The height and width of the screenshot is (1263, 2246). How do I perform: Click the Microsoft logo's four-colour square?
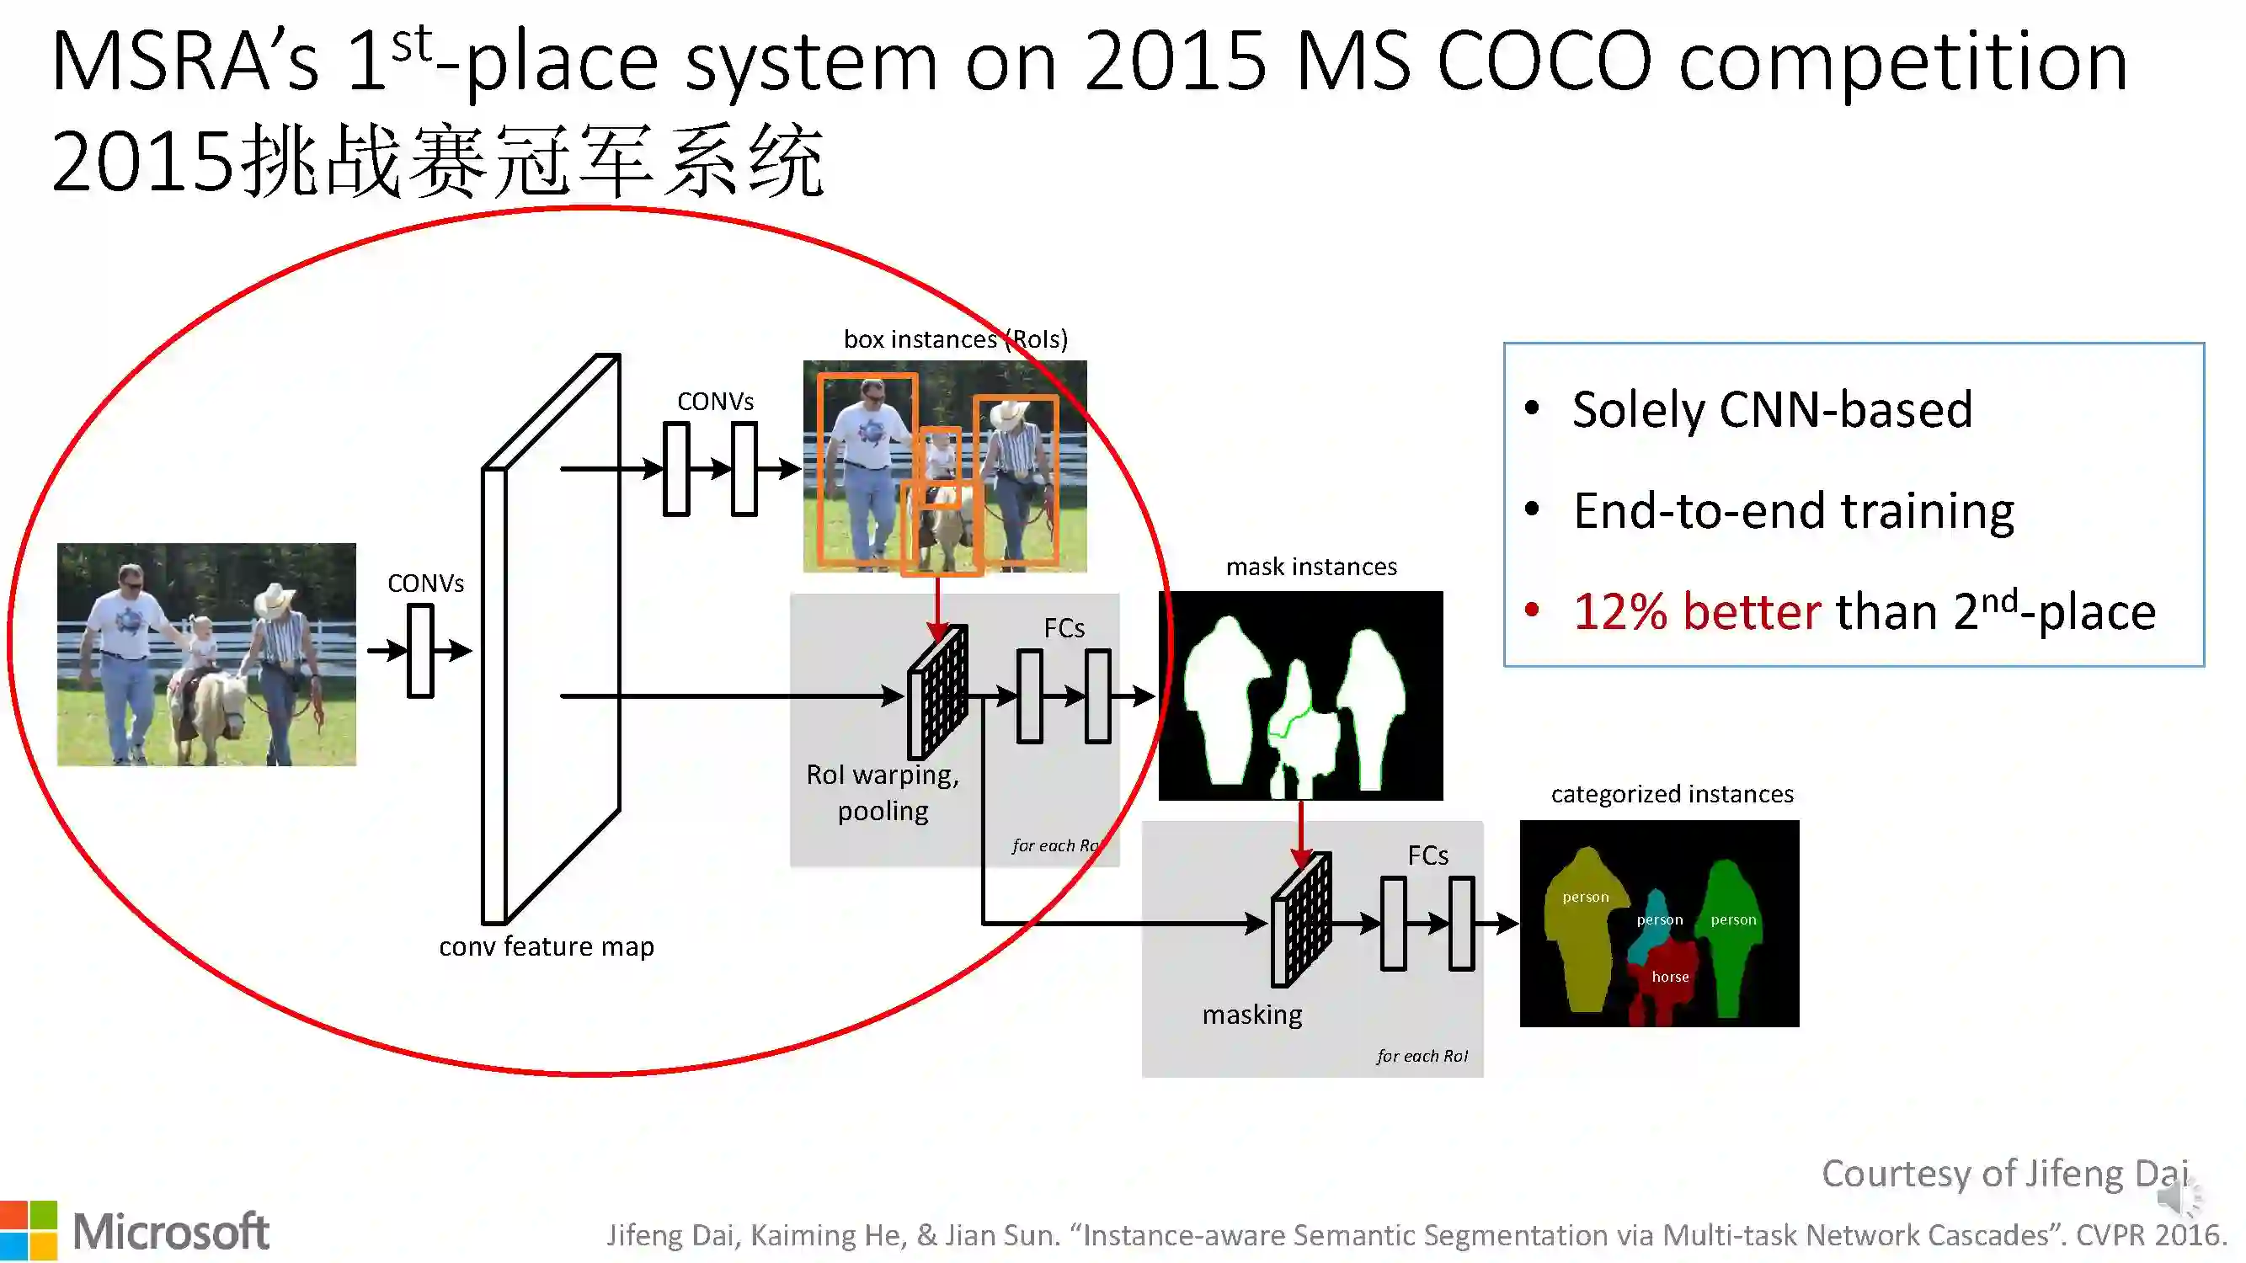point(28,1230)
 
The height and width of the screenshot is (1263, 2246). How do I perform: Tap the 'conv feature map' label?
point(546,946)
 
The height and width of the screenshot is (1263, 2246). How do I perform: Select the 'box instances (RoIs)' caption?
point(955,338)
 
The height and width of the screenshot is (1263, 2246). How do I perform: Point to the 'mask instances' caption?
point(1310,567)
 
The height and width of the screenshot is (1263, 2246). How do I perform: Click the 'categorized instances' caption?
point(1672,794)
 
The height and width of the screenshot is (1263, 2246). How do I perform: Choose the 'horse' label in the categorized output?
point(1670,977)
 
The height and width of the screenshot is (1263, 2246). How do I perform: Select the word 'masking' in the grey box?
point(1251,1015)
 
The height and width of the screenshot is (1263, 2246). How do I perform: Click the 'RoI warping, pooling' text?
point(883,792)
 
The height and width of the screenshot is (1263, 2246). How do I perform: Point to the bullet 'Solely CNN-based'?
point(1772,410)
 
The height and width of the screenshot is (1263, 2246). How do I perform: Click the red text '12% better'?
point(1696,611)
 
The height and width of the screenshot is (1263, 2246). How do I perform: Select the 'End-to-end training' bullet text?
point(1793,511)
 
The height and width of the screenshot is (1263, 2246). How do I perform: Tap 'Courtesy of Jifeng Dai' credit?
point(2003,1173)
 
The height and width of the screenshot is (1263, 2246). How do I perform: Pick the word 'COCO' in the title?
point(1544,61)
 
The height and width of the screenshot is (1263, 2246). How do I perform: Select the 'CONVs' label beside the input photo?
point(425,584)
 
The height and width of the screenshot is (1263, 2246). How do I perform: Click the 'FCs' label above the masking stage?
point(1427,855)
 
